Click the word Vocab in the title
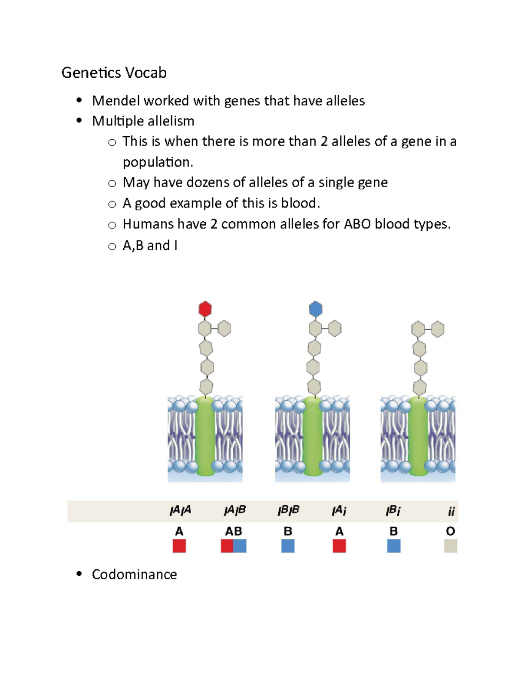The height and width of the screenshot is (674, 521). click(145, 72)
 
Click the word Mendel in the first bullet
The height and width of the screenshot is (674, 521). click(115, 101)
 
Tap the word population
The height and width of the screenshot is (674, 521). click(157, 162)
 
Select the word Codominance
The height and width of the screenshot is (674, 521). click(134, 574)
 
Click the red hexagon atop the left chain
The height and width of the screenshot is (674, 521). click(205, 309)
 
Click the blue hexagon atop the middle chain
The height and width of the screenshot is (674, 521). click(316, 309)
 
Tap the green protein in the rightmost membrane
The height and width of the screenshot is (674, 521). click(418, 436)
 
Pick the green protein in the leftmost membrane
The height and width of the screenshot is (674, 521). click(205, 436)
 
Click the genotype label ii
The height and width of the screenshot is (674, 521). click(451, 512)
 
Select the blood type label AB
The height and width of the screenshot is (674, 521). click(233, 531)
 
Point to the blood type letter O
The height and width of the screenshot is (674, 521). click(451, 531)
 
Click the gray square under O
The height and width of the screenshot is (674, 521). click(451, 546)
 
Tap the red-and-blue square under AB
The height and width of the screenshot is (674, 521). click(234, 546)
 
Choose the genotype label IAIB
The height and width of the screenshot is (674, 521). click(235, 510)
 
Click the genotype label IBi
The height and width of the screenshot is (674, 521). click(393, 510)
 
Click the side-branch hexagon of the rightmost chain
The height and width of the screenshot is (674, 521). click(438, 329)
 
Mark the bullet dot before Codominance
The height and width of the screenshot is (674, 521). click(79, 574)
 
